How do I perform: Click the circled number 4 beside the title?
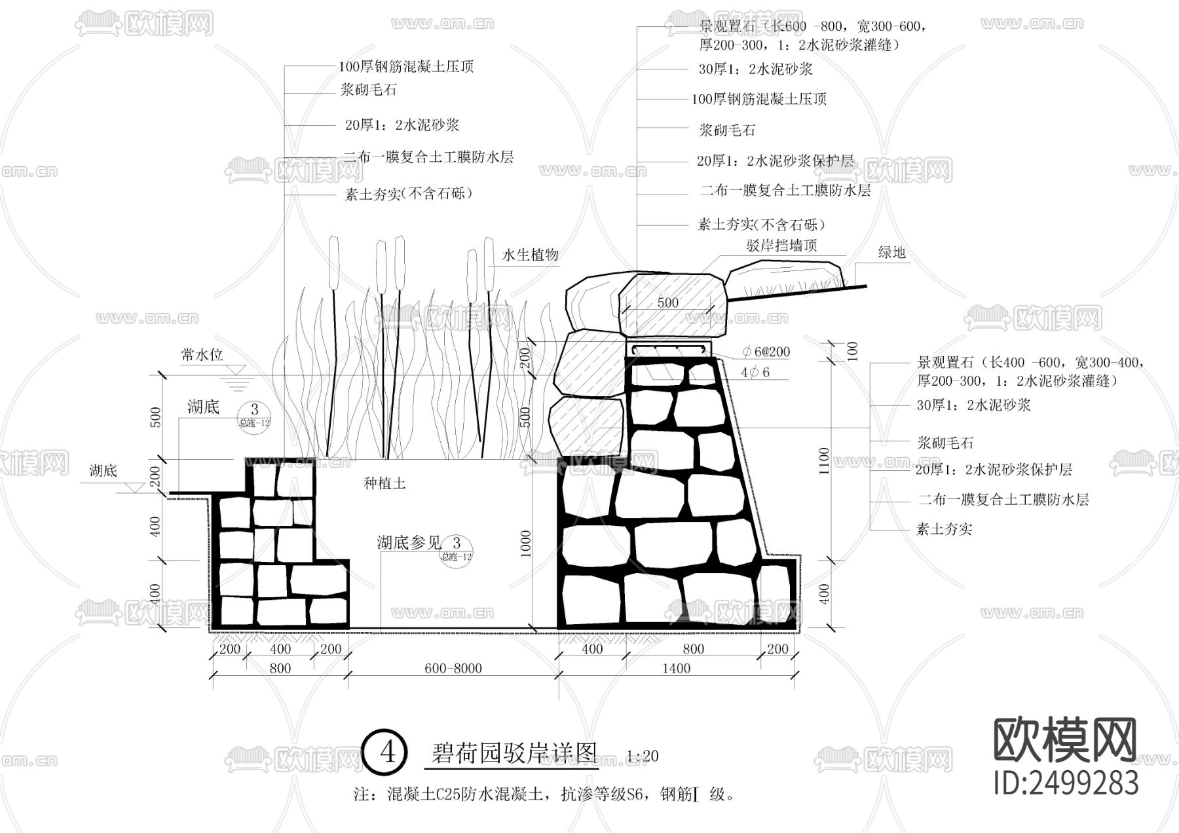pos(388,752)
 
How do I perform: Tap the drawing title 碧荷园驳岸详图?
pos(514,753)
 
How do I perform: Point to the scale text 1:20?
pos(642,756)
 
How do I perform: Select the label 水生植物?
pos(530,255)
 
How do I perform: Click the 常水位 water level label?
pos(202,355)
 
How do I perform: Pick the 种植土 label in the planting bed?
pos(384,483)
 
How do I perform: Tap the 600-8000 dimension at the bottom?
pos(453,668)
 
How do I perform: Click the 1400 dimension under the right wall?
pos(676,668)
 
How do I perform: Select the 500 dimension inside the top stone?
pos(667,303)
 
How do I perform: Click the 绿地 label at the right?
pos(891,252)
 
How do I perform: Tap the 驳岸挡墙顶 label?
pos(781,246)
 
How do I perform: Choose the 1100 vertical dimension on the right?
pos(824,460)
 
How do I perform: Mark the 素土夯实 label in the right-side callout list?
pos(944,529)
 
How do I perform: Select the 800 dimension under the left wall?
pos(280,668)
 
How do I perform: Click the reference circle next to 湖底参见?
pos(457,547)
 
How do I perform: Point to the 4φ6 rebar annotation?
pos(755,372)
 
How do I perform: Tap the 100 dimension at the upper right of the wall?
pos(852,351)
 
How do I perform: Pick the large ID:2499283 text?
pos(1066,783)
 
